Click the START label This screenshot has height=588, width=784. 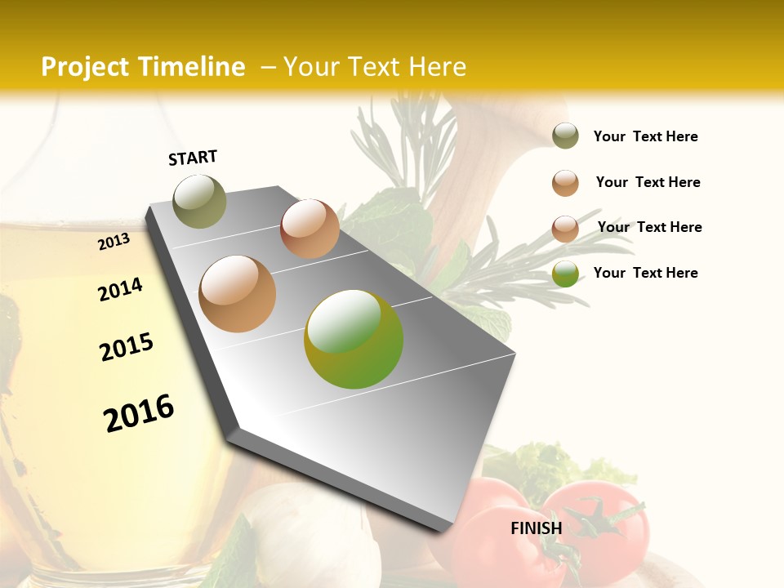(x=193, y=158)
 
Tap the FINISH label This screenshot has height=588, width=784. (x=537, y=528)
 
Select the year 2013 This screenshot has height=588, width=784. (x=114, y=241)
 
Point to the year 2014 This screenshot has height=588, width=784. (x=121, y=289)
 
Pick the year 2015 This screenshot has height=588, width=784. (x=127, y=347)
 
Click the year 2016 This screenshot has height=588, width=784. (x=140, y=413)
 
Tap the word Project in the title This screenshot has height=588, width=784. (x=86, y=67)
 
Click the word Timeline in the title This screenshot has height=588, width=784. (x=193, y=67)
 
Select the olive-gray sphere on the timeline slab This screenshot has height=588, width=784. (x=199, y=201)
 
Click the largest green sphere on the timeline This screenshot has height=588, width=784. (x=354, y=339)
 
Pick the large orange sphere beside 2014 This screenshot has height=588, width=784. (x=238, y=294)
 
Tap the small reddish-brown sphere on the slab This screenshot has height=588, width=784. (x=310, y=229)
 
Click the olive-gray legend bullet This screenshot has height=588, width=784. (x=565, y=136)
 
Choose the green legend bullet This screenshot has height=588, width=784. (x=565, y=274)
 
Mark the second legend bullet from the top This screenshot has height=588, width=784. (x=565, y=183)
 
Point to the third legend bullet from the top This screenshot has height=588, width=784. (x=565, y=229)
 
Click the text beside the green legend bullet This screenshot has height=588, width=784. (x=645, y=273)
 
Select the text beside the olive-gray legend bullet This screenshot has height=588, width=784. (x=645, y=136)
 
